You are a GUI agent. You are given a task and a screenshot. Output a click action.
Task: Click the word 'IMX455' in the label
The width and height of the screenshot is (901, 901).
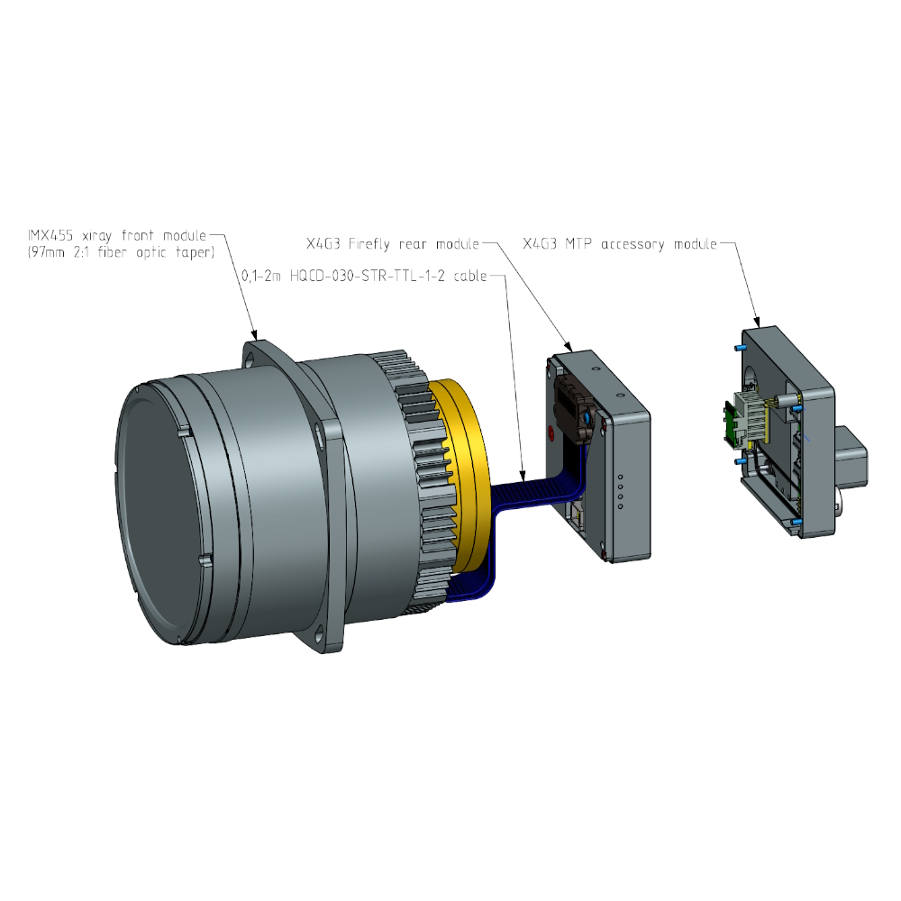click(x=50, y=235)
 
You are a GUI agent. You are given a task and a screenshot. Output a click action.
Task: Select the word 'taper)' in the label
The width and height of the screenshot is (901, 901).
click(x=195, y=253)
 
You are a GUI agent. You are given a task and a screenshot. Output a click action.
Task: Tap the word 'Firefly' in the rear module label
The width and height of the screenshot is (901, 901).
click(x=369, y=244)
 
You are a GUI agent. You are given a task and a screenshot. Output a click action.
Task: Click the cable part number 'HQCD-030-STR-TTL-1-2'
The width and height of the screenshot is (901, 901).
click(x=368, y=277)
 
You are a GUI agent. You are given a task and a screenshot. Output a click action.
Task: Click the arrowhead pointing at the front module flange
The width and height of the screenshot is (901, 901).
click(x=255, y=334)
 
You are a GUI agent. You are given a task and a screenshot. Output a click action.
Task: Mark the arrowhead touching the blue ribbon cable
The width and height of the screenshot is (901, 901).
click(x=523, y=476)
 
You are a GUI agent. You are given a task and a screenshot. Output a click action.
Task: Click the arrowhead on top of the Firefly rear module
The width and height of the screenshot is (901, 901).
click(x=569, y=347)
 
